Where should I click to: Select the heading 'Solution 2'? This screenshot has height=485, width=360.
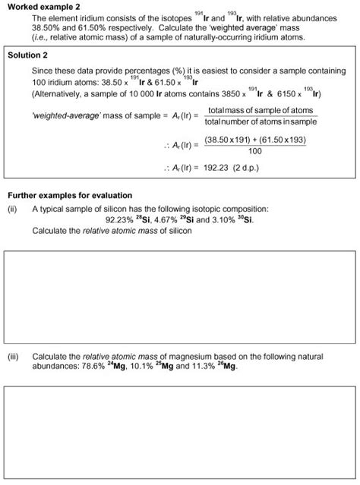pos(27,55)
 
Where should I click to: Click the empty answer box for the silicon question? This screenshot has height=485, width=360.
pos(179,291)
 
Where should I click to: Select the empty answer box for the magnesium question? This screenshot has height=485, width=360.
pos(179,433)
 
